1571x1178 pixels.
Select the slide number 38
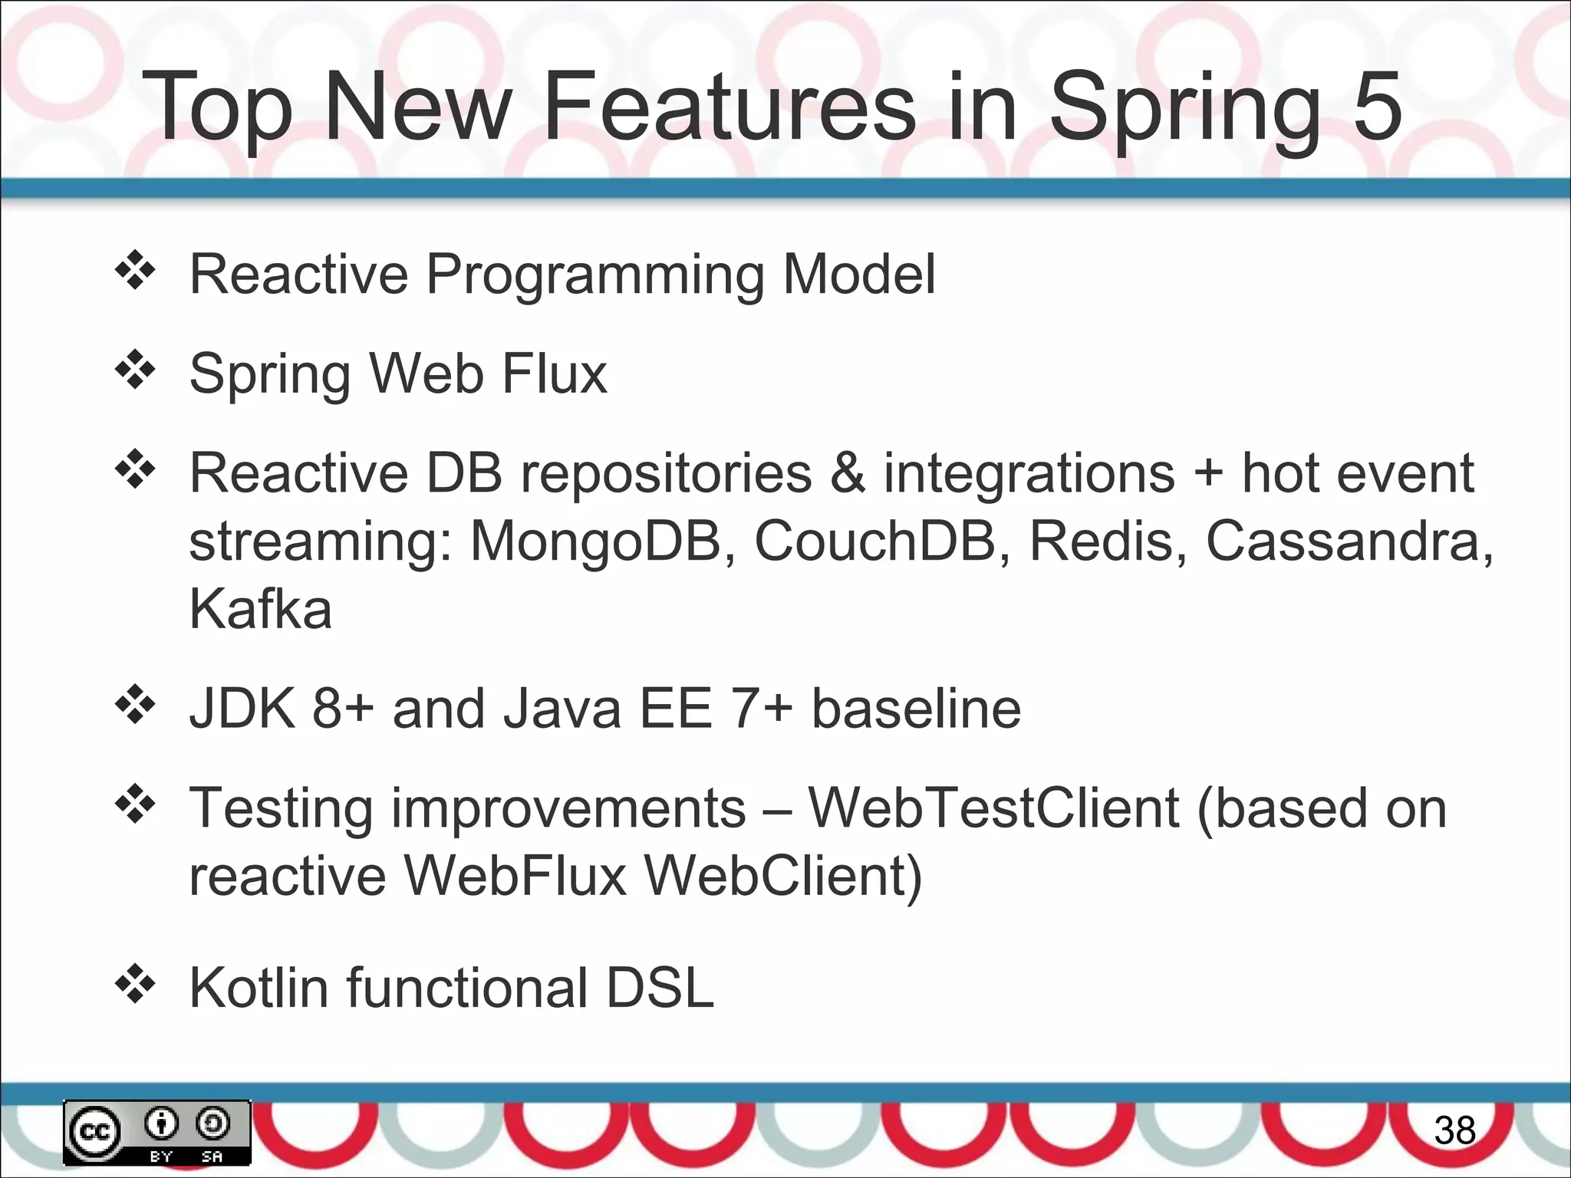pyautogui.click(x=1454, y=1130)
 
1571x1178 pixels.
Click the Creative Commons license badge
pyautogui.click(x=157, y=1132)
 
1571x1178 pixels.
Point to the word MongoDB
pyautogui.click(x=596, y=541)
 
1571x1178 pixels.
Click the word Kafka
pyautogui.click(x=260, y=608)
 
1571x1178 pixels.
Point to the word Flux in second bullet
pyautogui.click(x=555, y=373)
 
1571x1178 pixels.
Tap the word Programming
pyautogui.click(x=594, y=276)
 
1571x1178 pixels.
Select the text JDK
pyautogui.click(x=242, y=708)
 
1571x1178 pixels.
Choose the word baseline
pyautogui.click(x=916, y=708)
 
